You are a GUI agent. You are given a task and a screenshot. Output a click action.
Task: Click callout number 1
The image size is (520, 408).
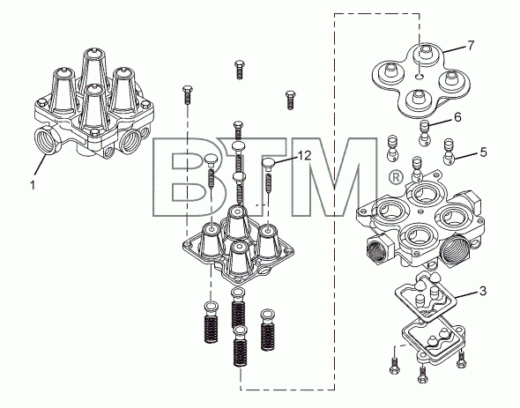[33, 185]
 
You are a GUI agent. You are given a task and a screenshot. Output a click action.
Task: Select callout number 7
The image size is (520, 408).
[471, 45]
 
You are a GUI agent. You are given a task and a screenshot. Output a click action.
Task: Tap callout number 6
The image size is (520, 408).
[457, 117]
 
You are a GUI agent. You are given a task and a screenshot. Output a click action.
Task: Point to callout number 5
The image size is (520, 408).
[484, 152]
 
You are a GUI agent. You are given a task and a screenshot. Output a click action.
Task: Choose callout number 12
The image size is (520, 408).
[305, 155]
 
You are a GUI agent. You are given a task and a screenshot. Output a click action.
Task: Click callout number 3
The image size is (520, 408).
[483, 291]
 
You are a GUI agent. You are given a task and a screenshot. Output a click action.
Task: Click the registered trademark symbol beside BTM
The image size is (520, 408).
[396, 177]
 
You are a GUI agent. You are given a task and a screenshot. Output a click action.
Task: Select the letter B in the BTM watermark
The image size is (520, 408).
[186, 177]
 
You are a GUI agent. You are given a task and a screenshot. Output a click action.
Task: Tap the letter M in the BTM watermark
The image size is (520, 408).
[335, 177]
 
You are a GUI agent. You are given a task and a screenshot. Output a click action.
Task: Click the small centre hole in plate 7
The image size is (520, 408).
[420, 77]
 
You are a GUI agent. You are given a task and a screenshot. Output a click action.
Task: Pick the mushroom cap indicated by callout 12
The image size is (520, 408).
[269, 163]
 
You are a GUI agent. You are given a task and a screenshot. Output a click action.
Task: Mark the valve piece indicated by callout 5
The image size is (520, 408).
[449, 152]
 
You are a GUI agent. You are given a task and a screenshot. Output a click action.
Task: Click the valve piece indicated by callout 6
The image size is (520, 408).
[425, 133]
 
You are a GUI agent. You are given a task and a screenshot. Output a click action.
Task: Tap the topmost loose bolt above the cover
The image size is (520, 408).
[239, 70]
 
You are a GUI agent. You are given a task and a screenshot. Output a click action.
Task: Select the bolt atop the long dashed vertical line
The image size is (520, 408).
[187, 95]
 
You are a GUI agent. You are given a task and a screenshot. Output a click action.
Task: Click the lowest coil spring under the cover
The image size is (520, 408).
[241, 346]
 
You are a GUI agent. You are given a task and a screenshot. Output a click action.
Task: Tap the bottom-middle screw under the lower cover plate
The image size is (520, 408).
[422, 375]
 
